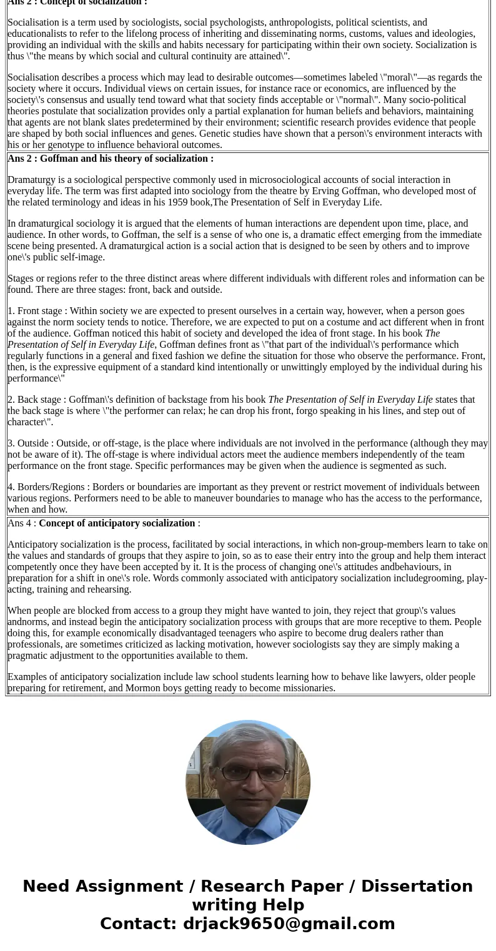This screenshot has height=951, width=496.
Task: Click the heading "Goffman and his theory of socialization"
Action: point(127,159)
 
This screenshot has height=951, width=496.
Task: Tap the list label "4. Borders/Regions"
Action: point(46,487)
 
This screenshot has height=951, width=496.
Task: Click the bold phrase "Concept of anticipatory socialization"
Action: point(117,523)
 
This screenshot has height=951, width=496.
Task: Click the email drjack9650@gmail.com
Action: point(289,924)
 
